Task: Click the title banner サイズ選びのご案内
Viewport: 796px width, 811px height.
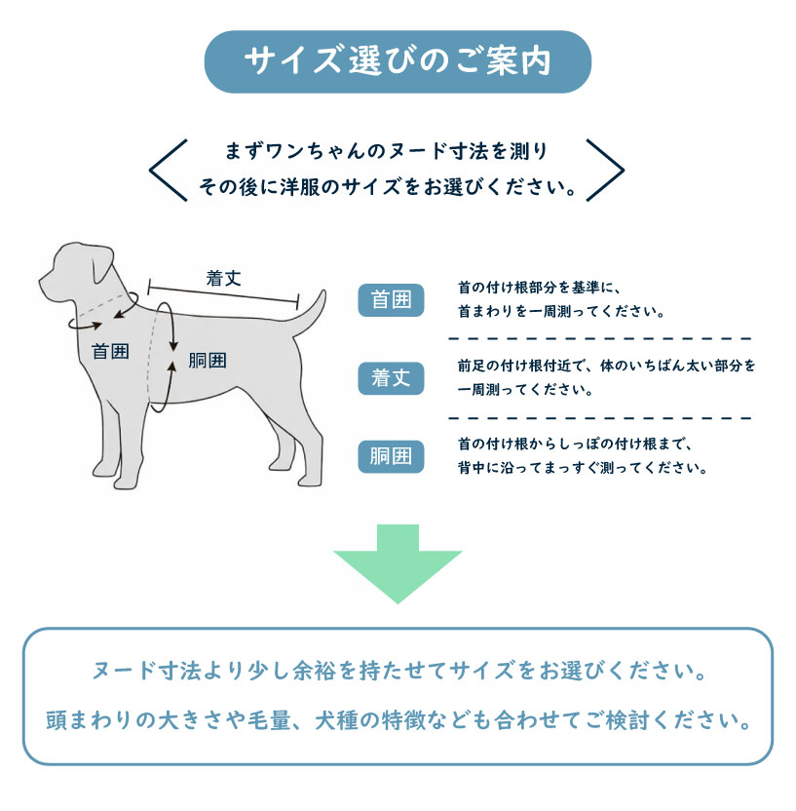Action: (398, 61)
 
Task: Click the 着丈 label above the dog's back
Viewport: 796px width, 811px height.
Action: (223, 278)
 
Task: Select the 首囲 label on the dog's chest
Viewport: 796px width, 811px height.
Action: (110, 352)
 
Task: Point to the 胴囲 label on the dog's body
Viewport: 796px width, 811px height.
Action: (208, 360)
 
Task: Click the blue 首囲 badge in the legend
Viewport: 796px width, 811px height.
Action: (391, 300)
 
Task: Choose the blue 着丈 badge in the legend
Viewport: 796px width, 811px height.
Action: (391, 378)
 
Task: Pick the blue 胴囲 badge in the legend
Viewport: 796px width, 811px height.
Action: (391, 457)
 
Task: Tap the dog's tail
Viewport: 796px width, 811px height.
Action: (311, 315)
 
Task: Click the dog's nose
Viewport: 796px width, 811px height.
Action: (41, 283)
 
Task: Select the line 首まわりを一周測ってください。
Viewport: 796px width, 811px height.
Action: (561, 311)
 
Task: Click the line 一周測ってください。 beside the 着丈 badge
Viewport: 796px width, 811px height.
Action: (525, 390)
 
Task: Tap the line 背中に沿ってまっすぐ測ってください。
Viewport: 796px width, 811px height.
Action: (582, 468)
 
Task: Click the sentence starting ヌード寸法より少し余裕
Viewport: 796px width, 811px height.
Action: (399, 671)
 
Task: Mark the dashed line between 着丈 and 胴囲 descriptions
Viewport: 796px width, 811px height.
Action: (599, 418)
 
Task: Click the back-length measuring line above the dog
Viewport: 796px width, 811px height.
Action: (223, 293)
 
